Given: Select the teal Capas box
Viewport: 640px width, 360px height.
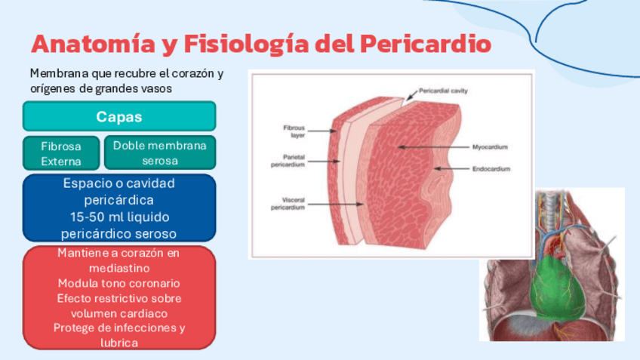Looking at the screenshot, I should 119,117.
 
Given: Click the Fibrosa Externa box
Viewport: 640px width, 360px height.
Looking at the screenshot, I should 61,153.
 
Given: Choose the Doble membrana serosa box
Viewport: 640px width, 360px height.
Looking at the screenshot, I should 159,152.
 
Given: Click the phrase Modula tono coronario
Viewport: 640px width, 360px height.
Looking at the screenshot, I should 118,283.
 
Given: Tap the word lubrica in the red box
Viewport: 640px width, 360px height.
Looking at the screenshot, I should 118,342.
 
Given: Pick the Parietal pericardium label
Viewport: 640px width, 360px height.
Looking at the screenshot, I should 288,161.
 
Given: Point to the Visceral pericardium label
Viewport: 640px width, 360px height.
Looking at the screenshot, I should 288,205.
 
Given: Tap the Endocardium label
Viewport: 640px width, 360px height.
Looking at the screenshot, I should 491,169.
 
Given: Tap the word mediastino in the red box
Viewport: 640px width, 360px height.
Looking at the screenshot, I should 118,268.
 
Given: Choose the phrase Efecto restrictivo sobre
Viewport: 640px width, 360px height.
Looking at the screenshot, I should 118,298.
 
